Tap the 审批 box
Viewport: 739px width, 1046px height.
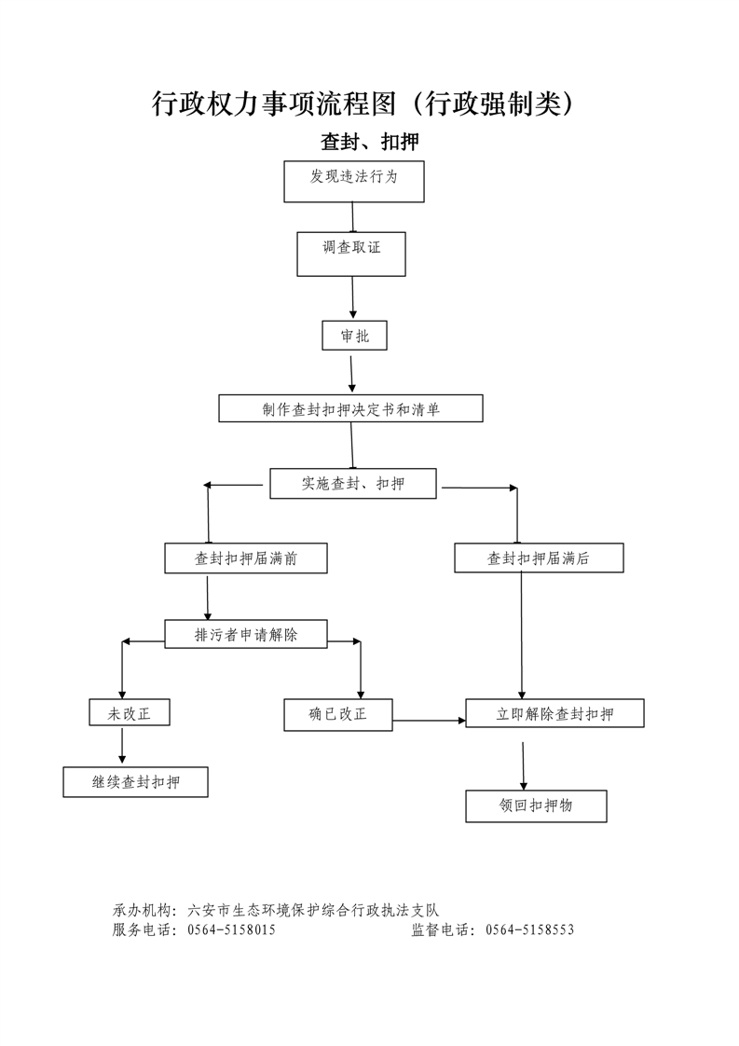point(354,336)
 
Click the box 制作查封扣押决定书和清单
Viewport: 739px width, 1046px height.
point(350,408)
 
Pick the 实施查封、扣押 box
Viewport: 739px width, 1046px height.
point(352,484)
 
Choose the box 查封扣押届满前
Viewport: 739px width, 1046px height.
point(246,558)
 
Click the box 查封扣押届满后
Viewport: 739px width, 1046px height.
point(539,558)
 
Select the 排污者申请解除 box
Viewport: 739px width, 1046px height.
point(246,635)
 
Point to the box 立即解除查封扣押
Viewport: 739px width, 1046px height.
point(554,714)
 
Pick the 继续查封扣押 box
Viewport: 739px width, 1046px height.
point(135,782)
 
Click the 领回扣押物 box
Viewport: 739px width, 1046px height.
point(536,806)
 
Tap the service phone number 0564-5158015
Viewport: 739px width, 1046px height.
point(231,929)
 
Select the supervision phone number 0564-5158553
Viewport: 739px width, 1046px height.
point(530,929)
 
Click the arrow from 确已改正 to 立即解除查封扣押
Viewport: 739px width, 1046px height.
point(429,720)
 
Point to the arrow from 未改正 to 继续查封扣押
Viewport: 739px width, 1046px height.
point(122,747)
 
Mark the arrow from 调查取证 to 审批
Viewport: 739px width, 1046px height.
point(353,298)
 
